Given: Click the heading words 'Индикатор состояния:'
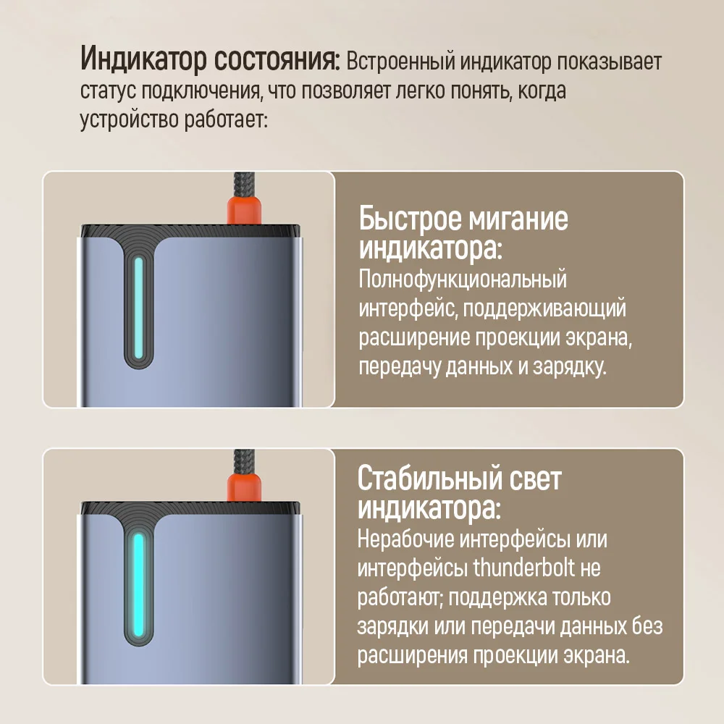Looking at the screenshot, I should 210,60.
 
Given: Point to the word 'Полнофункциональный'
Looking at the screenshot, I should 463,279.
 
